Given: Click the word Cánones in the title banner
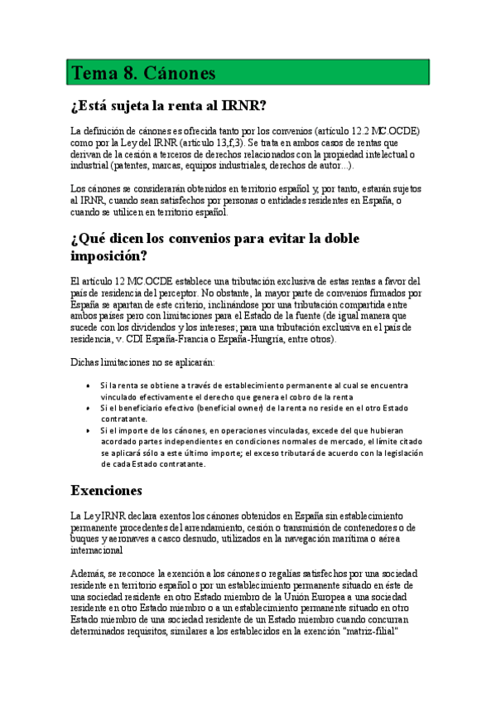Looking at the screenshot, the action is (180, 73).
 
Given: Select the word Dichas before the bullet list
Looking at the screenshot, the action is (86, 363).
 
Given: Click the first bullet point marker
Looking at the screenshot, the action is (89, 385).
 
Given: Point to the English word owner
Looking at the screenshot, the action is (243, 408).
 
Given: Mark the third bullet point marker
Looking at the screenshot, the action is (89, 430).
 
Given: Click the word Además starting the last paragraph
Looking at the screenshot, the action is (88, 574).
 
